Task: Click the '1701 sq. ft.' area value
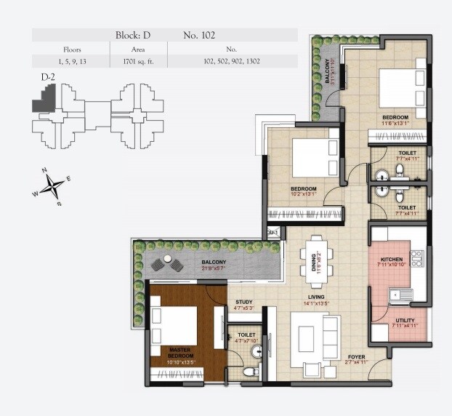(x=138, y=62)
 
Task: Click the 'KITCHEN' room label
(x=392, y=259)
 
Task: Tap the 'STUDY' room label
(x=244, y=302)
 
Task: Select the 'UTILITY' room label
(x=405, y=321)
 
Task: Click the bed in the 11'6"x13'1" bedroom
(x=399, y=90)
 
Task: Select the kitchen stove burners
(x=416, y=259)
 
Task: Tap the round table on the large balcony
(x=169, y=260)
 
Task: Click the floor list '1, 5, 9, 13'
(x=70, y=62)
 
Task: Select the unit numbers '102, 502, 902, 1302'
(x=233, y=62)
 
